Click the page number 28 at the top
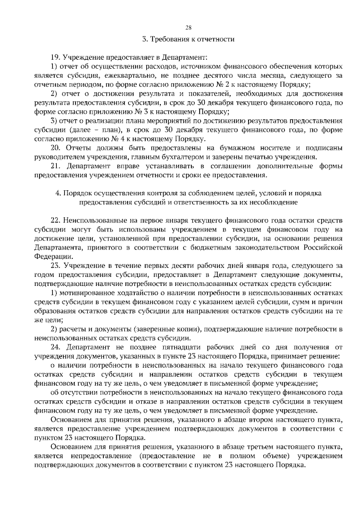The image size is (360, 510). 188,28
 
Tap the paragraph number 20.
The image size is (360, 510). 55,147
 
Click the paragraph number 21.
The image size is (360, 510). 55,165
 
